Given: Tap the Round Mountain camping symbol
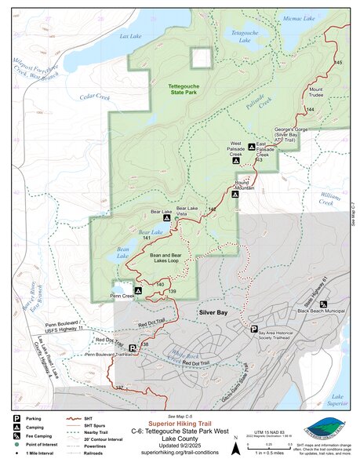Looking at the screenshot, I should (x=235, y=194).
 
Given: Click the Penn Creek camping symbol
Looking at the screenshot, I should (x=138, y=290).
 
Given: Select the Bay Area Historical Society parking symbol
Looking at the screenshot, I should (x=253, y=329).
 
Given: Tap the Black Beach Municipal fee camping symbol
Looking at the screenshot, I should (x=323, y=304).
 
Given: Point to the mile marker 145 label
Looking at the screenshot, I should (x=338, y=62).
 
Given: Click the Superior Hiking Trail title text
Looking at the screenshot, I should (x=180, y=420).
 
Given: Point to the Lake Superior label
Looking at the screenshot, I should (x=338, y=401).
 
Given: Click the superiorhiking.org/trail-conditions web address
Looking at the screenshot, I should (x=180, y=453).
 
